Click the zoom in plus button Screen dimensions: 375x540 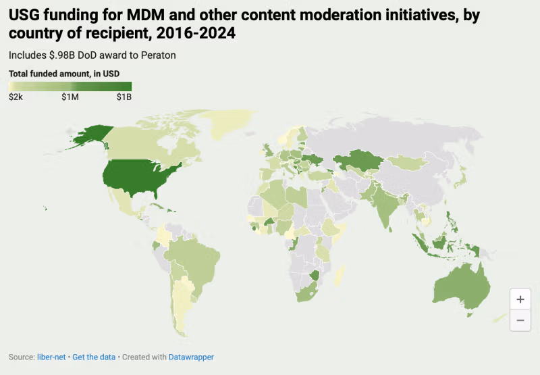pos(520,299)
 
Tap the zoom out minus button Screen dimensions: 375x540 pos(520,320)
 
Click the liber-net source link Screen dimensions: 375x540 pos(51,357)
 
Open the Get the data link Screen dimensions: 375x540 pos(92,357)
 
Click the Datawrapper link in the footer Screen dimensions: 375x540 pos(192,357)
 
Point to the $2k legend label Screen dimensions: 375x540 pos(16,97)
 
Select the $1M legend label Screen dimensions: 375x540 pos(70,97)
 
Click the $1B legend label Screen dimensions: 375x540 pos(124,97)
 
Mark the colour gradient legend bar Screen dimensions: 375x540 pos(70,86)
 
